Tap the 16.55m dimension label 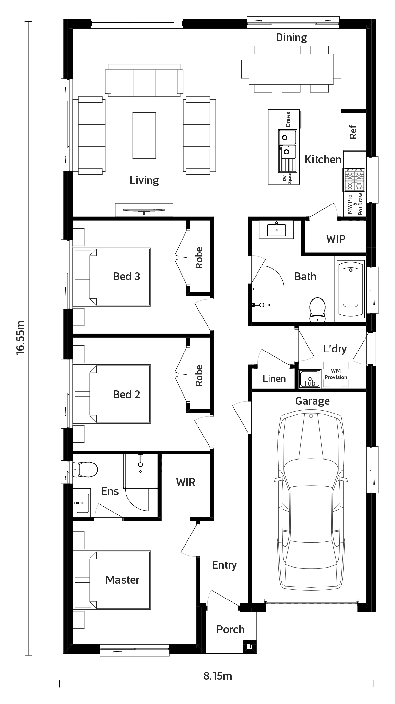20,337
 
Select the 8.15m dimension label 218,676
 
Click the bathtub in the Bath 351,289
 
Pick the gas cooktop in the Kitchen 354,180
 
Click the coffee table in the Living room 144,135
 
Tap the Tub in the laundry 310,379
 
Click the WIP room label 336,239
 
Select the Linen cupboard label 274,379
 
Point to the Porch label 230,629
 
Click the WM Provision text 336,374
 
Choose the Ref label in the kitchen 353,132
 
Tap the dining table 291,69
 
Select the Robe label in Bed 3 199,258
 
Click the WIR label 186,482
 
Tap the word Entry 224,565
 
